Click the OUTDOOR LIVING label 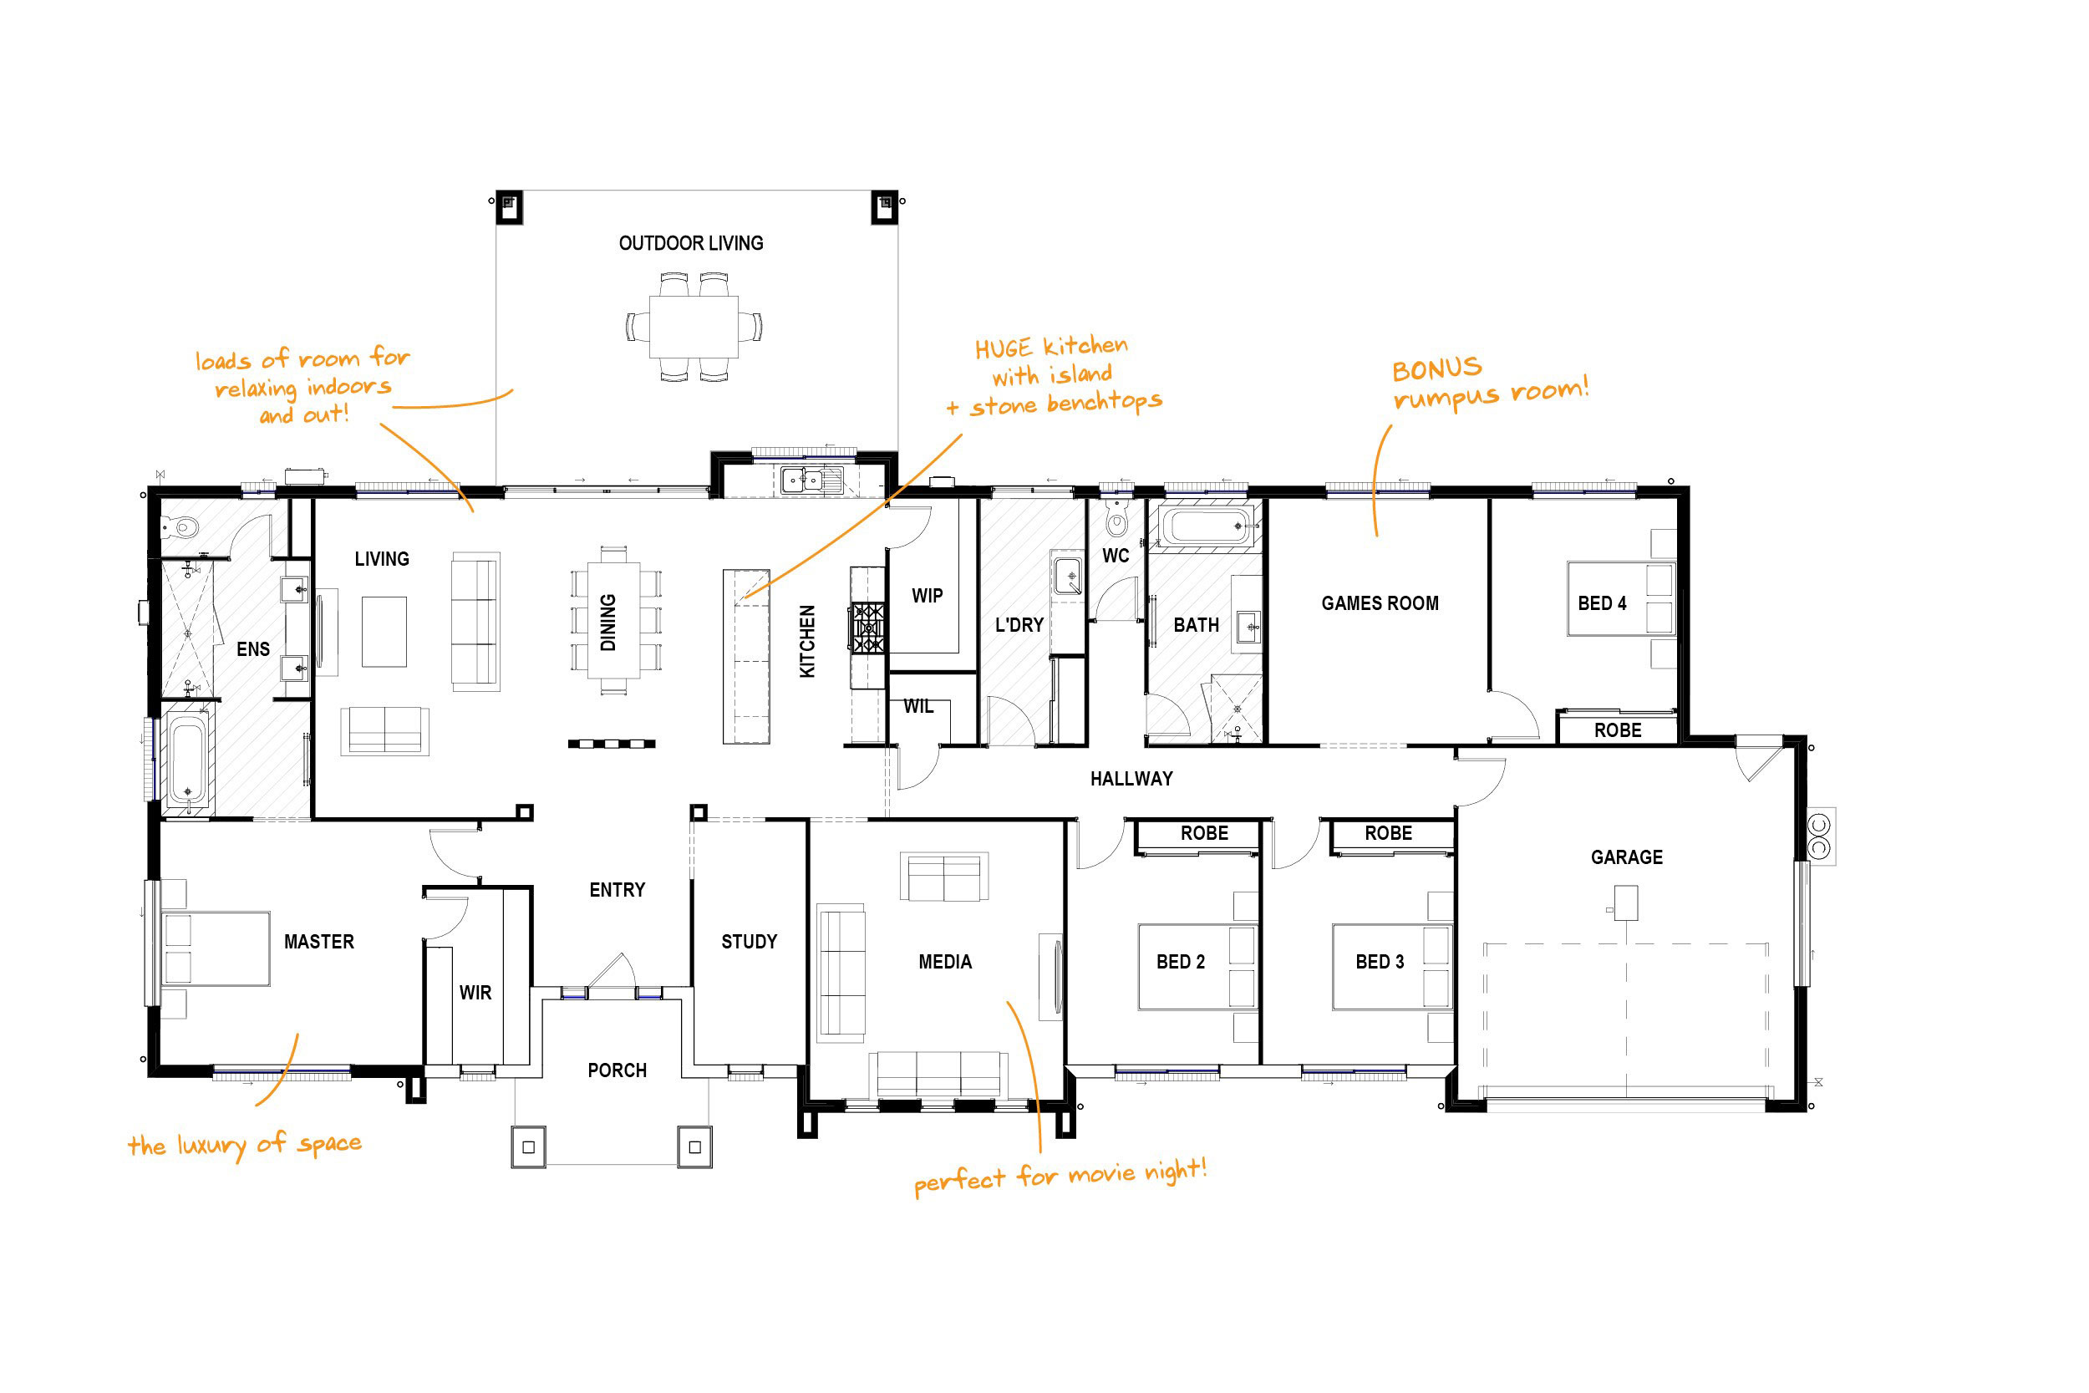tap(691, 242)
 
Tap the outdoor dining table tap(694, 326)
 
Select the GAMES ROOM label tap(1380, 603)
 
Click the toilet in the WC tap(1116, 517)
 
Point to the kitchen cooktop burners tap(867, 628)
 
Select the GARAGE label tap(1626, 857)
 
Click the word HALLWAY tap(1131, 779)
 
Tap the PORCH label tap(617, 1070)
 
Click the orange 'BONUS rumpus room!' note tap(1490, 384)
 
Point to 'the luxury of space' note tap(245, 1145)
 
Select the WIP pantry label tap(927, 596)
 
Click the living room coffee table tap(384, 632)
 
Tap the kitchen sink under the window tap(802, 480)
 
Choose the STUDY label tap(749, 942)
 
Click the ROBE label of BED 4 tap(1618, 730)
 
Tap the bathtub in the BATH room tap(1205, 525)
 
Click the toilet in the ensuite tap(180, 529)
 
